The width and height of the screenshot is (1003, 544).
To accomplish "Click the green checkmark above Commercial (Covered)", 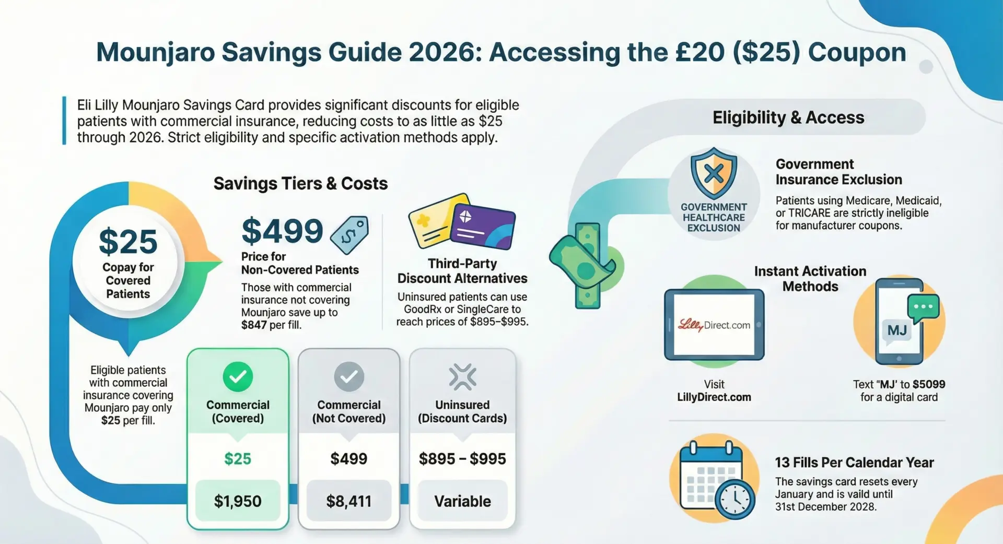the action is (x=238, y=376).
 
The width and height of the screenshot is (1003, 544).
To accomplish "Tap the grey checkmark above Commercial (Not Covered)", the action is (x=349, y=376).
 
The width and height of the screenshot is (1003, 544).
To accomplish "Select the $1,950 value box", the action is (x=238, y=501).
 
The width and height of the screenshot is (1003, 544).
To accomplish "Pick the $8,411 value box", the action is (x=349, y=501).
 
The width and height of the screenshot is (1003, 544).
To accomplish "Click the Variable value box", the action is (x=462, y=501).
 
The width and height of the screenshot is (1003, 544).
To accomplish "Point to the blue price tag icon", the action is (x=349, y=235).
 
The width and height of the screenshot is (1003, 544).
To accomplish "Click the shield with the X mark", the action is (x=714, y=173).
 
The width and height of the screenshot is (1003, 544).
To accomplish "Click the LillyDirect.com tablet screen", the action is (x=714, y=325).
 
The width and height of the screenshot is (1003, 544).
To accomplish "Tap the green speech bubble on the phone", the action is (x=923, y=308).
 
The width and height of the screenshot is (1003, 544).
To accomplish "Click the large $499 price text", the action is (x=282, y=231).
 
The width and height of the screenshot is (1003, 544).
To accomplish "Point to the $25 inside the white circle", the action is (x=128, y=241).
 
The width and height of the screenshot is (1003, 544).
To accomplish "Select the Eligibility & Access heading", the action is (x=788, y=117).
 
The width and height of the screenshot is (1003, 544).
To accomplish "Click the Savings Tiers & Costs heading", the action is (x=300, y=183).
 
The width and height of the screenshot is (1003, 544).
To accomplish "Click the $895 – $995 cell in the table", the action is (x=462, y=458).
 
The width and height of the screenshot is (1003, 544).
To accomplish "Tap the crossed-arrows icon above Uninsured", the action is (x=462, y=376).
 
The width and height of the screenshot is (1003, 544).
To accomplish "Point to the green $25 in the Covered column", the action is (x=238, y=458).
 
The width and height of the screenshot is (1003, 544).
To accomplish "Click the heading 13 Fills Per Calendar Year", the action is (x=854, y=463).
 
